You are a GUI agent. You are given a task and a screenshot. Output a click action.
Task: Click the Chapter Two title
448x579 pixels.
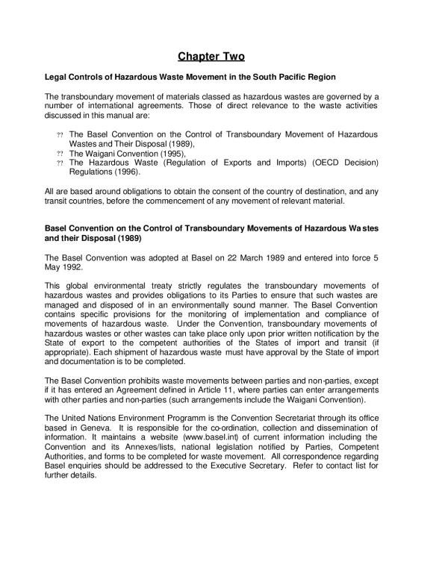(x=211, y=56)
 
